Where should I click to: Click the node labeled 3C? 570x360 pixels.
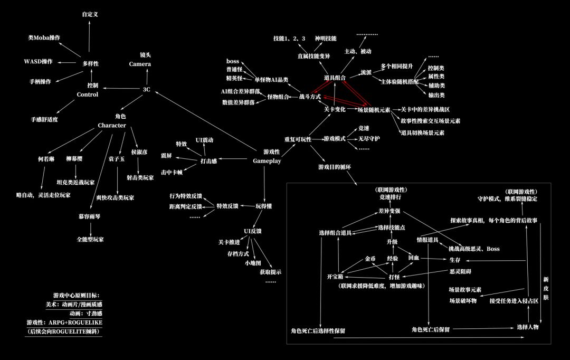(x=147, y=89)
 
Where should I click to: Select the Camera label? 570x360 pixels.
(x=140, y=64)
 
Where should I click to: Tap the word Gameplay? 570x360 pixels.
(x=267, y=160)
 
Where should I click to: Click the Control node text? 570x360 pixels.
(x=88, y=94)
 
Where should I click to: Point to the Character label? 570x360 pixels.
(x=111, y=125)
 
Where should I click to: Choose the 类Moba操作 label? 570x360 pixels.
(x=44, y=38)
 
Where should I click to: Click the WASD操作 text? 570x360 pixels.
(x=39, y=62)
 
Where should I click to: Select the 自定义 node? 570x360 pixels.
(x=90, y=14)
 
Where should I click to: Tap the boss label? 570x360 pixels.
(x=233, y=62)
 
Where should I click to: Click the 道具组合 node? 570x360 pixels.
(x=335, y=78)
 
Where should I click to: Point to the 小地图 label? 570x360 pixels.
(x=253, y=262)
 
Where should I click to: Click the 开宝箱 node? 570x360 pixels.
(x=335, y=277)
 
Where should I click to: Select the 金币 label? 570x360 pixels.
(x=370, y=259)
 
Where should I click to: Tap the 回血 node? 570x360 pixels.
(x=414, y=258)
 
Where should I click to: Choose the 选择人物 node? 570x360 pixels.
(x=527, y=327)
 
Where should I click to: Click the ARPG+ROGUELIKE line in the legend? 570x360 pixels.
(x=64, y=322)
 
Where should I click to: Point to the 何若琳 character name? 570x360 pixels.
(x=46, y=158)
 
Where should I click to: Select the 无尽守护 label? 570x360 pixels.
(x=369, y=138)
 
